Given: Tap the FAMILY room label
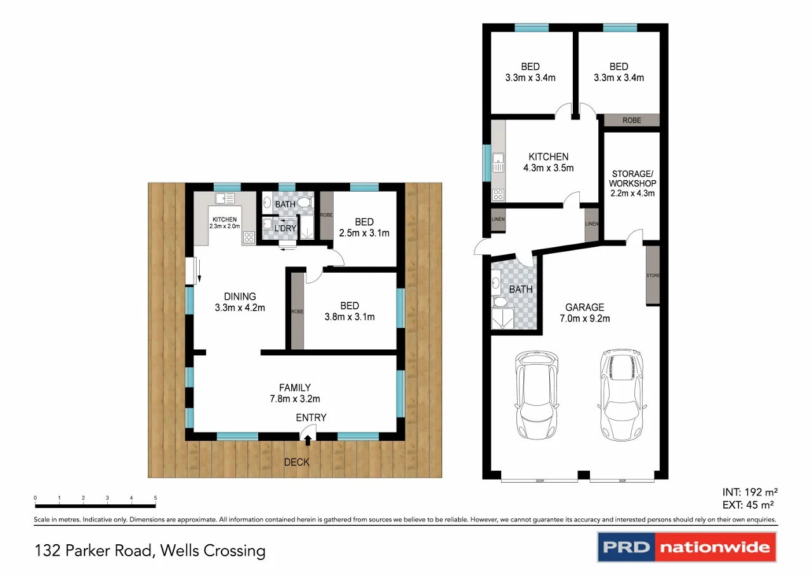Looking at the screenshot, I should (295, 393).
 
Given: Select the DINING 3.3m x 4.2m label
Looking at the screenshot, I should (239, 302).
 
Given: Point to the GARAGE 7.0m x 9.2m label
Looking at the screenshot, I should (584, 313).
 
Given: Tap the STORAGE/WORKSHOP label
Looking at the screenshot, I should (631, 183).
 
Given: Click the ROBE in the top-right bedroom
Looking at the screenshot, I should (631, 120).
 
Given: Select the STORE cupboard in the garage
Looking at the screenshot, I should (653, 276).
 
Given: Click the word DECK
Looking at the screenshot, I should (296, 462).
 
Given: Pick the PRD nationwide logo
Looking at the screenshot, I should (686, 547).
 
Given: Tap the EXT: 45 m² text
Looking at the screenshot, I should (750, 505).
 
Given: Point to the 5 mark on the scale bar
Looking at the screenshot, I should (155, 499).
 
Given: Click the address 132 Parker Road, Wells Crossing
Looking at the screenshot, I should (150, 550).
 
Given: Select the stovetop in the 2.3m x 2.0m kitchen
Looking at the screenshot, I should (248, 238).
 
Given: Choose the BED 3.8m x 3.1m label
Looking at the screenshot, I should (349, 311).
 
